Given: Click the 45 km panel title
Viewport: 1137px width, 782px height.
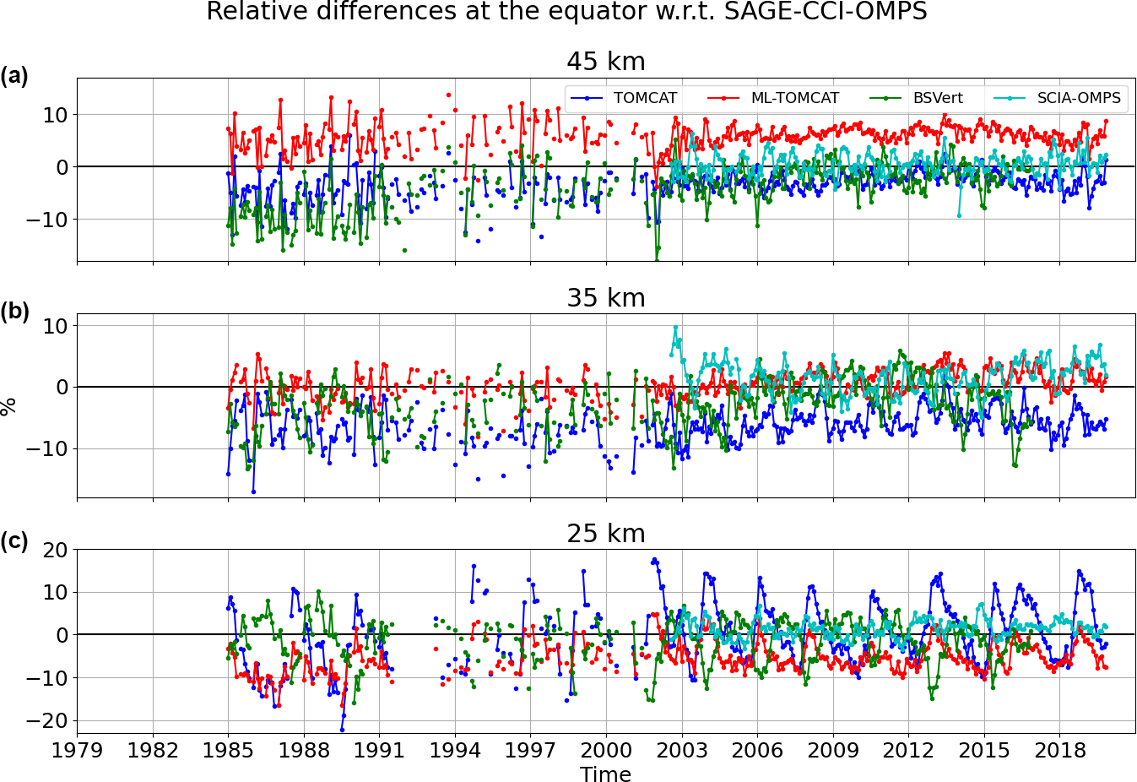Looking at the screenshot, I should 605,62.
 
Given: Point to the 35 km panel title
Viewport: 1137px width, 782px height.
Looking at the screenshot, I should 605,298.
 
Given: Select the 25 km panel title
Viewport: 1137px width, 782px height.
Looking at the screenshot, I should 605,534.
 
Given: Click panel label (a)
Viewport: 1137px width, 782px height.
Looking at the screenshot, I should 14,76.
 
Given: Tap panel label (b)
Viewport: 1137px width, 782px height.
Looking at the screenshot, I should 14,312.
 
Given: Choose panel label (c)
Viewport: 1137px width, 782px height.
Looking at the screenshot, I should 14,541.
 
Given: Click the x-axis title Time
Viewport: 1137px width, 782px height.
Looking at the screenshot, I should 605,774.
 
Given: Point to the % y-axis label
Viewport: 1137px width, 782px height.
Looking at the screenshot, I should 9,406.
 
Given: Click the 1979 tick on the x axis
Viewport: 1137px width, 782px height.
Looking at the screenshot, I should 78,750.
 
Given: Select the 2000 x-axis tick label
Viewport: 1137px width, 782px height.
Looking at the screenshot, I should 606,750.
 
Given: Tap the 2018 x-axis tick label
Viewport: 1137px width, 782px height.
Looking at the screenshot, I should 1059,750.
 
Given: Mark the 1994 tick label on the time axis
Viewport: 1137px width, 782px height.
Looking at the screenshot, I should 455,750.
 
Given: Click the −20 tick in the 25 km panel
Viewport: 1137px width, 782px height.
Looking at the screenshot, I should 47,721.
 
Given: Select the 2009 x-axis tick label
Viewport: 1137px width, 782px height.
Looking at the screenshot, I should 833,750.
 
